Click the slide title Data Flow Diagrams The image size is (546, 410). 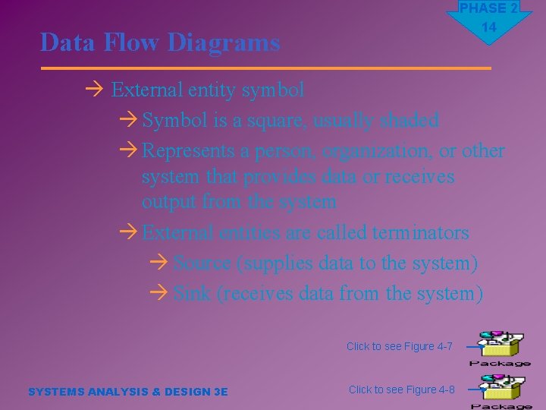[x=160, y=43]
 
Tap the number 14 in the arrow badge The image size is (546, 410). [x=488, y=27]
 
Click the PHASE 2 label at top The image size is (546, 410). [x=488, y=8]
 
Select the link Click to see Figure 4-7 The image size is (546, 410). [x=399, y=347]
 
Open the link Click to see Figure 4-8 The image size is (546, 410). [x=401, y=389]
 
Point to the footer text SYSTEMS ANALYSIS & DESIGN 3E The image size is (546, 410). [x=127, y=392]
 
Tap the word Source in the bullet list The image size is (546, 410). [x=202, y=263]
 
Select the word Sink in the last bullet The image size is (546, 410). [x=192, y=293]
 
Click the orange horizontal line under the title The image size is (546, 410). [x=265, y=68]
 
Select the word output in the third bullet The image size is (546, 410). [x=169, y=202]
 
